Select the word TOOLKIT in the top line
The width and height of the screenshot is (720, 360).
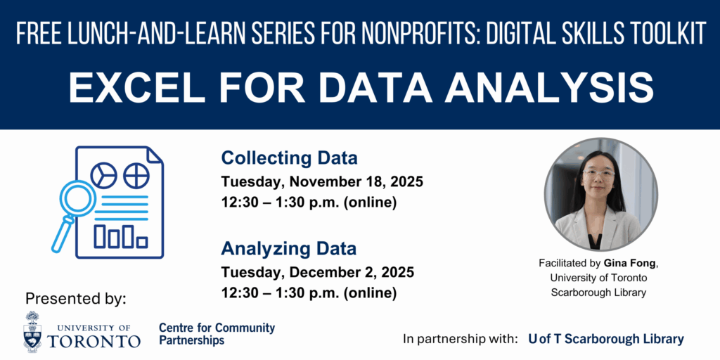point(667,34)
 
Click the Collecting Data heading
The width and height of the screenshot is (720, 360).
point(289,158)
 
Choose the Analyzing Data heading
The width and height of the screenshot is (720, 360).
point(289,249)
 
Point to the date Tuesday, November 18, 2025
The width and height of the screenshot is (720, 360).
point(322,182)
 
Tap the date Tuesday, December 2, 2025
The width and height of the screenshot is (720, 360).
point(318,272)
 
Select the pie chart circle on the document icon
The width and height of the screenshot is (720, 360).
point(103,175)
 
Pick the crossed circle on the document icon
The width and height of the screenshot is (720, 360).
point(136,175)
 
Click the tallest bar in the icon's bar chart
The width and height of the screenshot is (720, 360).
point(128,236)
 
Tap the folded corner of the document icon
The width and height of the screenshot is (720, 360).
point(155,155)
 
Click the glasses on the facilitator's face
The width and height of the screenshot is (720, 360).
point(599,174)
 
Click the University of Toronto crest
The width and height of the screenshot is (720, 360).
point(32,331)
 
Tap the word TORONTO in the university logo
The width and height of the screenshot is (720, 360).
point(94,341)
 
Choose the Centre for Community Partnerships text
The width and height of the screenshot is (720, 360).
point(217,334)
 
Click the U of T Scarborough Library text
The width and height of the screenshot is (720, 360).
point(605,340)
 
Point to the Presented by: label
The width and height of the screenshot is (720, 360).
point(75,299)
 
